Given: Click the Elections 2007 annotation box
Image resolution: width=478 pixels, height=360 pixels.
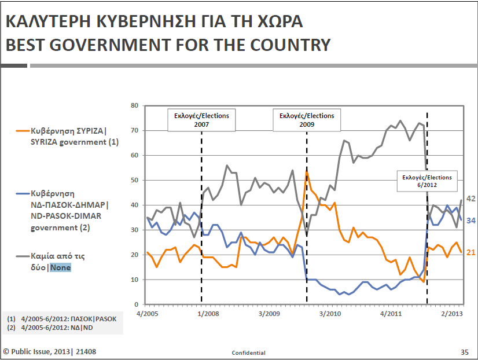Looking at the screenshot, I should click(201, 120).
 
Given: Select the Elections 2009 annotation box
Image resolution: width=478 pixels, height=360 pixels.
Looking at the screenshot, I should click(306, 120).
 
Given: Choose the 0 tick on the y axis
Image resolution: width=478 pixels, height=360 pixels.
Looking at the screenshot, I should click(136, 304).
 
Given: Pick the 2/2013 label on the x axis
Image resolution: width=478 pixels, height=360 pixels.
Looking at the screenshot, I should click(452, 313).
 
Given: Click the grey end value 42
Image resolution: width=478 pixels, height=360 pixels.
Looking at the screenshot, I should click(471, 199).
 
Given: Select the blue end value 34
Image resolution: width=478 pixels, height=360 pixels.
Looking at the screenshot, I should click(471, 221).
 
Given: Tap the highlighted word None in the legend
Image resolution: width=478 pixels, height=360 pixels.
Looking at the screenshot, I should click(60, 268).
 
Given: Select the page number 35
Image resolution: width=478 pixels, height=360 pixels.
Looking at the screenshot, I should click(464, 352).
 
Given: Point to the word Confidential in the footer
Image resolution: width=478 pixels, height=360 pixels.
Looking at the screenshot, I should click(248, 352).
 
